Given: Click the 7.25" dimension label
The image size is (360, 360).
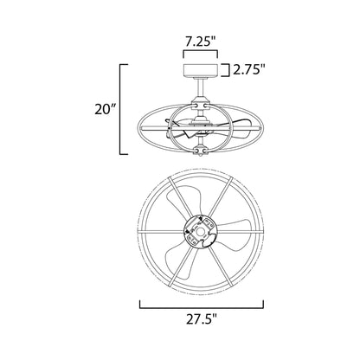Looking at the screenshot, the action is [200, 42].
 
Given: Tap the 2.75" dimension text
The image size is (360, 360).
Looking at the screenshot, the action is [249, 70].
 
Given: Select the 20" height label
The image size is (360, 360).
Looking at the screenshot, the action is [106, 109].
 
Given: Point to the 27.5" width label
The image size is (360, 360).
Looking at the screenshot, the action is [201, 319].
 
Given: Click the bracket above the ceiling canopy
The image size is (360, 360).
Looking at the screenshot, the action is [201, 51].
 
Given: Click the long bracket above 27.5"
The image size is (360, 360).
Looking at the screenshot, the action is [202, 308].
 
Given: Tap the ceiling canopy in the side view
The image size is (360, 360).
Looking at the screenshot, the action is [201, 71].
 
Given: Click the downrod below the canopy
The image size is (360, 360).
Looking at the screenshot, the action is [201, 90].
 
